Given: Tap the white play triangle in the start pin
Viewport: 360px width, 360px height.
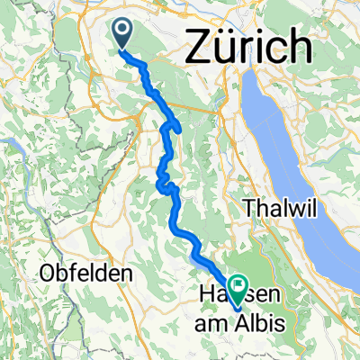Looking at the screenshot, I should coord(123,31).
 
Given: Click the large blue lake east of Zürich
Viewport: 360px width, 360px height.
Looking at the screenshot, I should coord(288,135).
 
